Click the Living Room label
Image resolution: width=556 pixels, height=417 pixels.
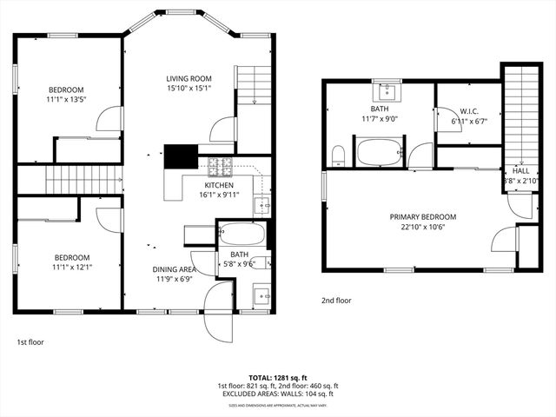pos(189,79)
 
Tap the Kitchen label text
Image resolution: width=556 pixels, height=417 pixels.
pos(219,185)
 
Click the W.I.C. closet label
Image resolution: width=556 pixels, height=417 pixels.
pos(468,111)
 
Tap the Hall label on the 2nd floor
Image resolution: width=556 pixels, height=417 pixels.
pos(520,171)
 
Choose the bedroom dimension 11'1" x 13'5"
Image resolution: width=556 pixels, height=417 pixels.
pos(65,100)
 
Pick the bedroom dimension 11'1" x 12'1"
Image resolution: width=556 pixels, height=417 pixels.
pos(71,268)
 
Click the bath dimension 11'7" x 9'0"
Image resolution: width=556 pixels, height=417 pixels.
pos(380,119)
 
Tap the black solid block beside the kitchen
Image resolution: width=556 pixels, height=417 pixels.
pos(181,156)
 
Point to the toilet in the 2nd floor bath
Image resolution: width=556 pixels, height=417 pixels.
pos(339,156)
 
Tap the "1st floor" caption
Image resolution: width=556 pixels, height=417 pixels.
pos(30,342)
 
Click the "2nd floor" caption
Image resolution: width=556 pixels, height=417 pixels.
pos(336,301)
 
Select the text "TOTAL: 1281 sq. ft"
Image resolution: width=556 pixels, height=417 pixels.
pos(277,378)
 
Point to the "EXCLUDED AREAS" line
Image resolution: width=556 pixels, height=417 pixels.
pos(277,394)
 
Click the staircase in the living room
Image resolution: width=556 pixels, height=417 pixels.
pos(254,84)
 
